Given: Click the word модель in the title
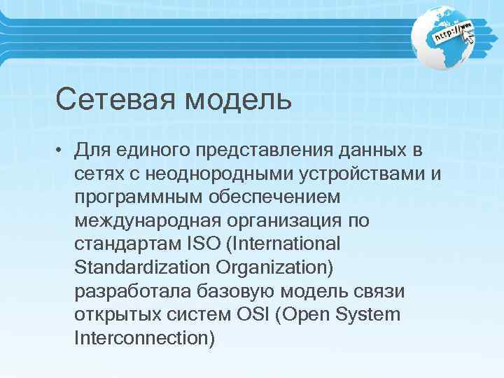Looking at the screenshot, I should (238, 99).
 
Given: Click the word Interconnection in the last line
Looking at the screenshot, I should (143, 338).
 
